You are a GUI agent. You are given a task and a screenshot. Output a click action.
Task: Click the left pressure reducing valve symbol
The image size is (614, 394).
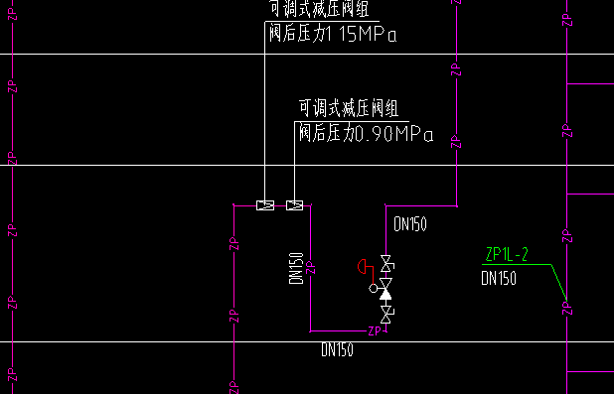tap(265, 205)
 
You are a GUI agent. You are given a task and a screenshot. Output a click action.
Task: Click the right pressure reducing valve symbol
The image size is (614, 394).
tap(294, 205)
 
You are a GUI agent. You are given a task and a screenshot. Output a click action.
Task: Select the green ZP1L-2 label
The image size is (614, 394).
tap(506, 255)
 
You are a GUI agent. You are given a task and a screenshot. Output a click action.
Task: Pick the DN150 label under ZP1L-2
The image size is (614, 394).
tap(499, 279)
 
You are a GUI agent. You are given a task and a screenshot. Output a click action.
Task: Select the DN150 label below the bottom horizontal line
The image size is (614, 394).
tap(337, 349)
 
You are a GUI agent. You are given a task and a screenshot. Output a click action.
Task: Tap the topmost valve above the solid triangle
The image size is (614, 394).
tap(386, 266)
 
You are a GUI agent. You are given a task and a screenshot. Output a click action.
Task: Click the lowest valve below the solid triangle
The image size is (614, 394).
tap(386, 314)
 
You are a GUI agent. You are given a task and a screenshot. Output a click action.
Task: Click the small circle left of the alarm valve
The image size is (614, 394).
tap(375, 289)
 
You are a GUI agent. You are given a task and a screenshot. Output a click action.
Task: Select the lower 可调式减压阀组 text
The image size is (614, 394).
tap(350, 108)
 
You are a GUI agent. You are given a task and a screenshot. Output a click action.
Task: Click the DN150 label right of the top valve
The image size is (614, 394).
tap(410, 225)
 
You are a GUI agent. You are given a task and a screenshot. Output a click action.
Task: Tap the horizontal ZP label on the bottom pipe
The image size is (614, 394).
tap(375, 330)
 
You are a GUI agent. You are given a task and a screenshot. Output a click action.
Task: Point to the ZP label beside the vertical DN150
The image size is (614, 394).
tap(311, 267)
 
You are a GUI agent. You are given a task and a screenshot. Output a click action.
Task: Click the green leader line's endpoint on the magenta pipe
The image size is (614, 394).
tap(565, 301)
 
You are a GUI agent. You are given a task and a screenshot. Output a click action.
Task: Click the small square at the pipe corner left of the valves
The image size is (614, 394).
tap(232, 205)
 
